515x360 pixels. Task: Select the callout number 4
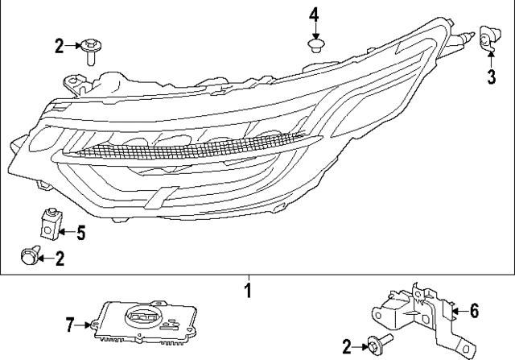[x=315, y=14]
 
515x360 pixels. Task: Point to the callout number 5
[x=80, y=234]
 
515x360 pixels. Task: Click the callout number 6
[x=474, y=309]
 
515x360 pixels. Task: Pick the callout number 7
[x=70, y=325]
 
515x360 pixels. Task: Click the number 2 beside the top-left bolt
[x=59, y=47]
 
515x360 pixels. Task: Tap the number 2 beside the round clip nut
[x=59, y=259]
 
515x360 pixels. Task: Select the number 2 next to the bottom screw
[x=347, y=347]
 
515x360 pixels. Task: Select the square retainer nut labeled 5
[x=50, y=226]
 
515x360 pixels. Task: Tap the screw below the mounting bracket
[x=377, y=346]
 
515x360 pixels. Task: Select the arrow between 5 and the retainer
[x=68, y=234]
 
